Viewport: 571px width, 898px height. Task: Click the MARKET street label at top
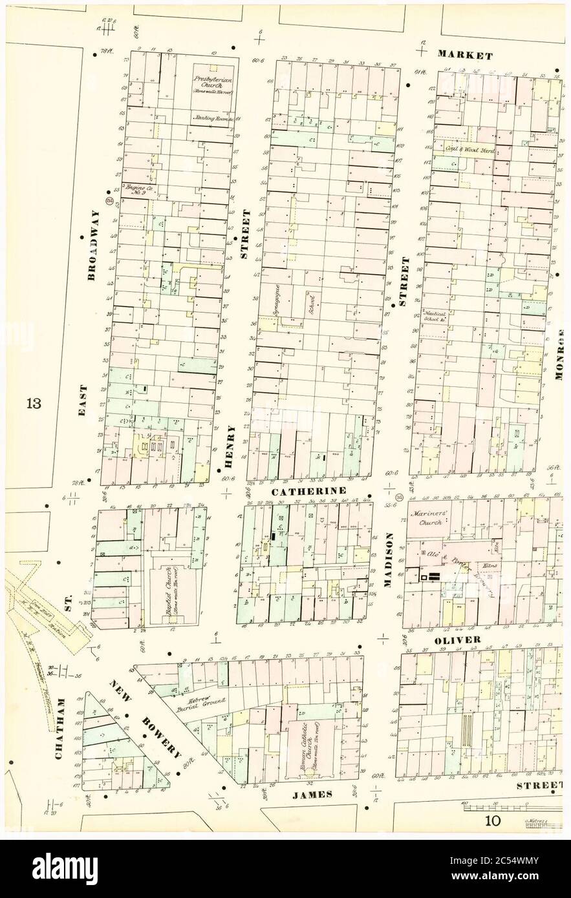click(x=465, y=56)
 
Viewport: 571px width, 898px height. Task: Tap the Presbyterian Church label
click(x=215, y=84)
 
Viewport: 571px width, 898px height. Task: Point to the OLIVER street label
click(x=457, y=640)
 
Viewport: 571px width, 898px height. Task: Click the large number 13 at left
click(x=34, y=404)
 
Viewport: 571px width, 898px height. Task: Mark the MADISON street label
click(x=389, y=559)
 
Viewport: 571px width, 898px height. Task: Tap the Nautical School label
click(x=434, y=315)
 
